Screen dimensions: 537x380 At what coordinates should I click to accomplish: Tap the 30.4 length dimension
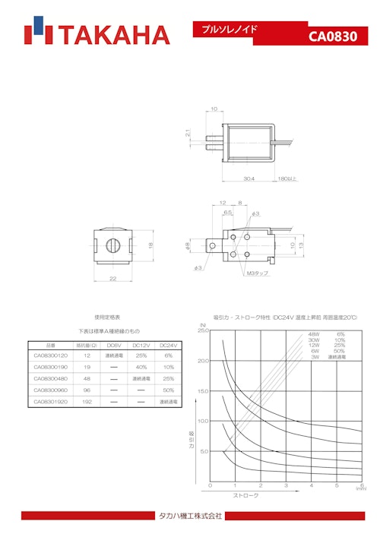pyautogui.click(x=249, y=179)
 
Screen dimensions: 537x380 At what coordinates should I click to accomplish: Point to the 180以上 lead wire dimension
pyautogui.click(x=287, y=179)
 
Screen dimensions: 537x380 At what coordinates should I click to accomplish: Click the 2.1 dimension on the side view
pyautogui.click(x=188, y=134)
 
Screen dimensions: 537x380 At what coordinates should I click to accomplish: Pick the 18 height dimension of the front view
pyautogui.click(x=150, y=245)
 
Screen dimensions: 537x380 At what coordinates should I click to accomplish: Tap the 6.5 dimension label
pyautogui.click(x=227, y=213)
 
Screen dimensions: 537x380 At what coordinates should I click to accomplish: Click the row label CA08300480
pyautogui.click(x=52, y=378)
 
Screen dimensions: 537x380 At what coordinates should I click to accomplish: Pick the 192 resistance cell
pyautogui.click(x=87, y=401)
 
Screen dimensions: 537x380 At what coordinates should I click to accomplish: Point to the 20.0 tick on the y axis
pyautogui.click(x=203, y=361)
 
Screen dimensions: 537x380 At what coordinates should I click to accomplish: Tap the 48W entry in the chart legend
pyautogui.click(x=314, y=334)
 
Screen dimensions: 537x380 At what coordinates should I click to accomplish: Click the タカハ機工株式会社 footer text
pyautogui.click(x=190, y=516)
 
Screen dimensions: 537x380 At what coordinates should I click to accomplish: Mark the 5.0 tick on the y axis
pyautogui.click(x=204, y=451)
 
